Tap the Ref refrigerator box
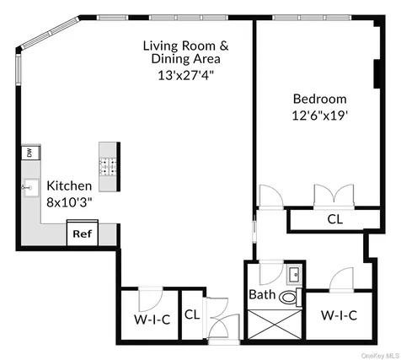coord(83,233)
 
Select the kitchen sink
coord(31,187)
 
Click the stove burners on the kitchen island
coord(108,167)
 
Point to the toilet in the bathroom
coord(291,297)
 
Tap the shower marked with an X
coord(275,325)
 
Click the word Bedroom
coord(319,99)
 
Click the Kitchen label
coord(69,185)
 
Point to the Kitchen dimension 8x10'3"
coord(69,202)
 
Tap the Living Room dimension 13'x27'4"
coord(185,75)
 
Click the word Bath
coord(262,294)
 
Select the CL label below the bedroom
coord(335,219)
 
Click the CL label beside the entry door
coord(192,314)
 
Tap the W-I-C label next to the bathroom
coord(339,315)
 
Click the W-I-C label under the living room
coord(152,320)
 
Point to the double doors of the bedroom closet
coord(334,196)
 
